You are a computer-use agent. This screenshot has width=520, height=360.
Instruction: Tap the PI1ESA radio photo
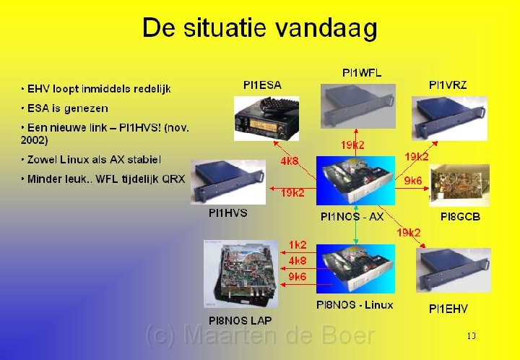(266, 119)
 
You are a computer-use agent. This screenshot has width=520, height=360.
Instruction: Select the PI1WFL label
(362, 73)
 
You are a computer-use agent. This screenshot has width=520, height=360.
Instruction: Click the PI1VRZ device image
(449, 119)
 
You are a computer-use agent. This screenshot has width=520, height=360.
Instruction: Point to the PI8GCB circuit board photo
(459, 185)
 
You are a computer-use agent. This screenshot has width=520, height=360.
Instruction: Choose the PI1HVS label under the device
(227, 213)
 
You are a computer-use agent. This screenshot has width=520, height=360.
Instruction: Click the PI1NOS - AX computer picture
(355, 181)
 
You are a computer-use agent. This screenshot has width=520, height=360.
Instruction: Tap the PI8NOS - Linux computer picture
(355, 269)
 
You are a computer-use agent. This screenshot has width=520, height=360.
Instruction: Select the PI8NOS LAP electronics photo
(240, 274)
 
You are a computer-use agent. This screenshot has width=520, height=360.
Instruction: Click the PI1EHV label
(448, 309)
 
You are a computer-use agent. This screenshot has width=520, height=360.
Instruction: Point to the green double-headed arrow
(356, 225)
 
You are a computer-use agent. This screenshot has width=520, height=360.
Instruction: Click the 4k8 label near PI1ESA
(290, 161)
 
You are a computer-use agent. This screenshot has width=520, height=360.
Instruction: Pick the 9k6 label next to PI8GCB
(413, 181)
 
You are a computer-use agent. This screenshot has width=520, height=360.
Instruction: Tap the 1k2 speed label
(298, 245)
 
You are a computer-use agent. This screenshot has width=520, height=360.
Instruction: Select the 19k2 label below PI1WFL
(352, 145)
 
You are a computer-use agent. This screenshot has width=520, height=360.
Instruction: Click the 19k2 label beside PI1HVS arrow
(292, 192)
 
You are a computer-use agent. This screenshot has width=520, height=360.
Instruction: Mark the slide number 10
(471, 336)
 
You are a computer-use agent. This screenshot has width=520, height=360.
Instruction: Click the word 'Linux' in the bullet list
(72, 160)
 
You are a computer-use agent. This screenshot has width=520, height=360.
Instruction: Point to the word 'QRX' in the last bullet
(173, 179)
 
